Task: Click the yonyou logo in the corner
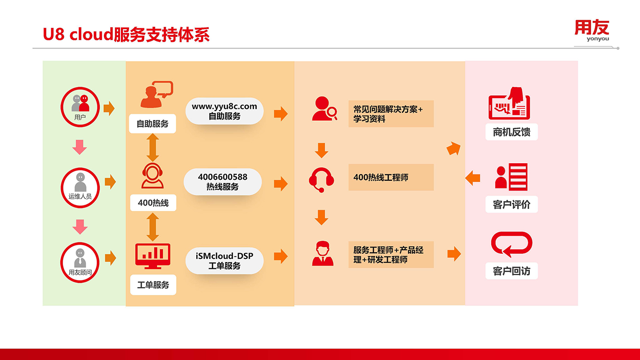pyautogui.click(x=592, y=31)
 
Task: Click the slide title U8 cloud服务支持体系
pyautogui.click(x=126, y=34)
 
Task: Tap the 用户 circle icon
pyautogui.click(x=80, y=107)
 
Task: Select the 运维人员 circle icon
pyautogui.click(x=80, y=188)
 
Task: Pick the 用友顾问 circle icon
pyautogui.click(x=80, y=263)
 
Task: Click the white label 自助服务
pyautogui.click(x=152, y=124)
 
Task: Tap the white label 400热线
pyautogui.click(x=153, y=203)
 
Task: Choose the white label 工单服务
pyautogui.click(x=153, y=285)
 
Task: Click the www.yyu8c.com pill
pyautogui.click(x=224, y=111)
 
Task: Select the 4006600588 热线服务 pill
pyautogui.click(x=223, y=182)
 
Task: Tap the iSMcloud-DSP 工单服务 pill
pyautogui.click(x=224, y=261)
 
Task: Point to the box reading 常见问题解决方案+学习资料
pyautogui.click(x=391, y=114)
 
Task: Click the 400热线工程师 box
pyautogui.click(x=391, y=177)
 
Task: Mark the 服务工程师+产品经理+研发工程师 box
pyautogui.click(x=391, y=255)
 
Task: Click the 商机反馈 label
pyautogui.click(x=512, y=132)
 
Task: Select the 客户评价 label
pyautogui.click(x=512, y=204)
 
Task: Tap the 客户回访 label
pyautogui.click(x=512, y=271)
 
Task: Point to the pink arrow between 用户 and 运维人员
pyautogui.click(x=80, y=147)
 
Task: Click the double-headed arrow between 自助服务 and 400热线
pyautogui.click(x=152, y=147)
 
